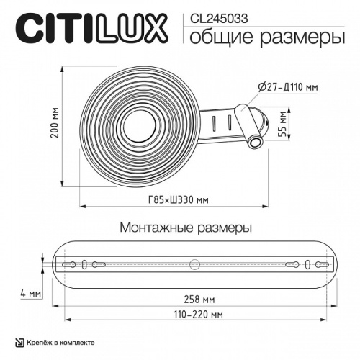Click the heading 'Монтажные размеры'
point(185,229)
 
